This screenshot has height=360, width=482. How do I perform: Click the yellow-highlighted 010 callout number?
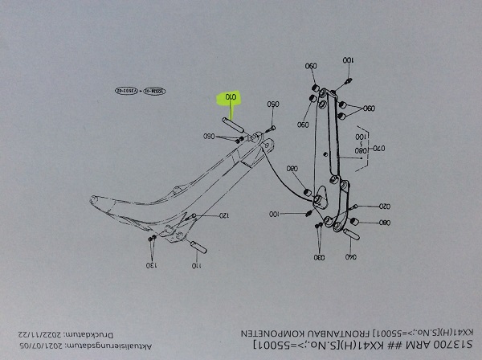pos(231,99)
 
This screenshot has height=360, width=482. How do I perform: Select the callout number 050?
pos(272,104)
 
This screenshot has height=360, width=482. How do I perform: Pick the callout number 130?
pos(150,264)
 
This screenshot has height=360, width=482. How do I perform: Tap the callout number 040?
pos(350,257)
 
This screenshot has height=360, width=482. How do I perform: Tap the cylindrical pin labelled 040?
pos(351,235)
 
